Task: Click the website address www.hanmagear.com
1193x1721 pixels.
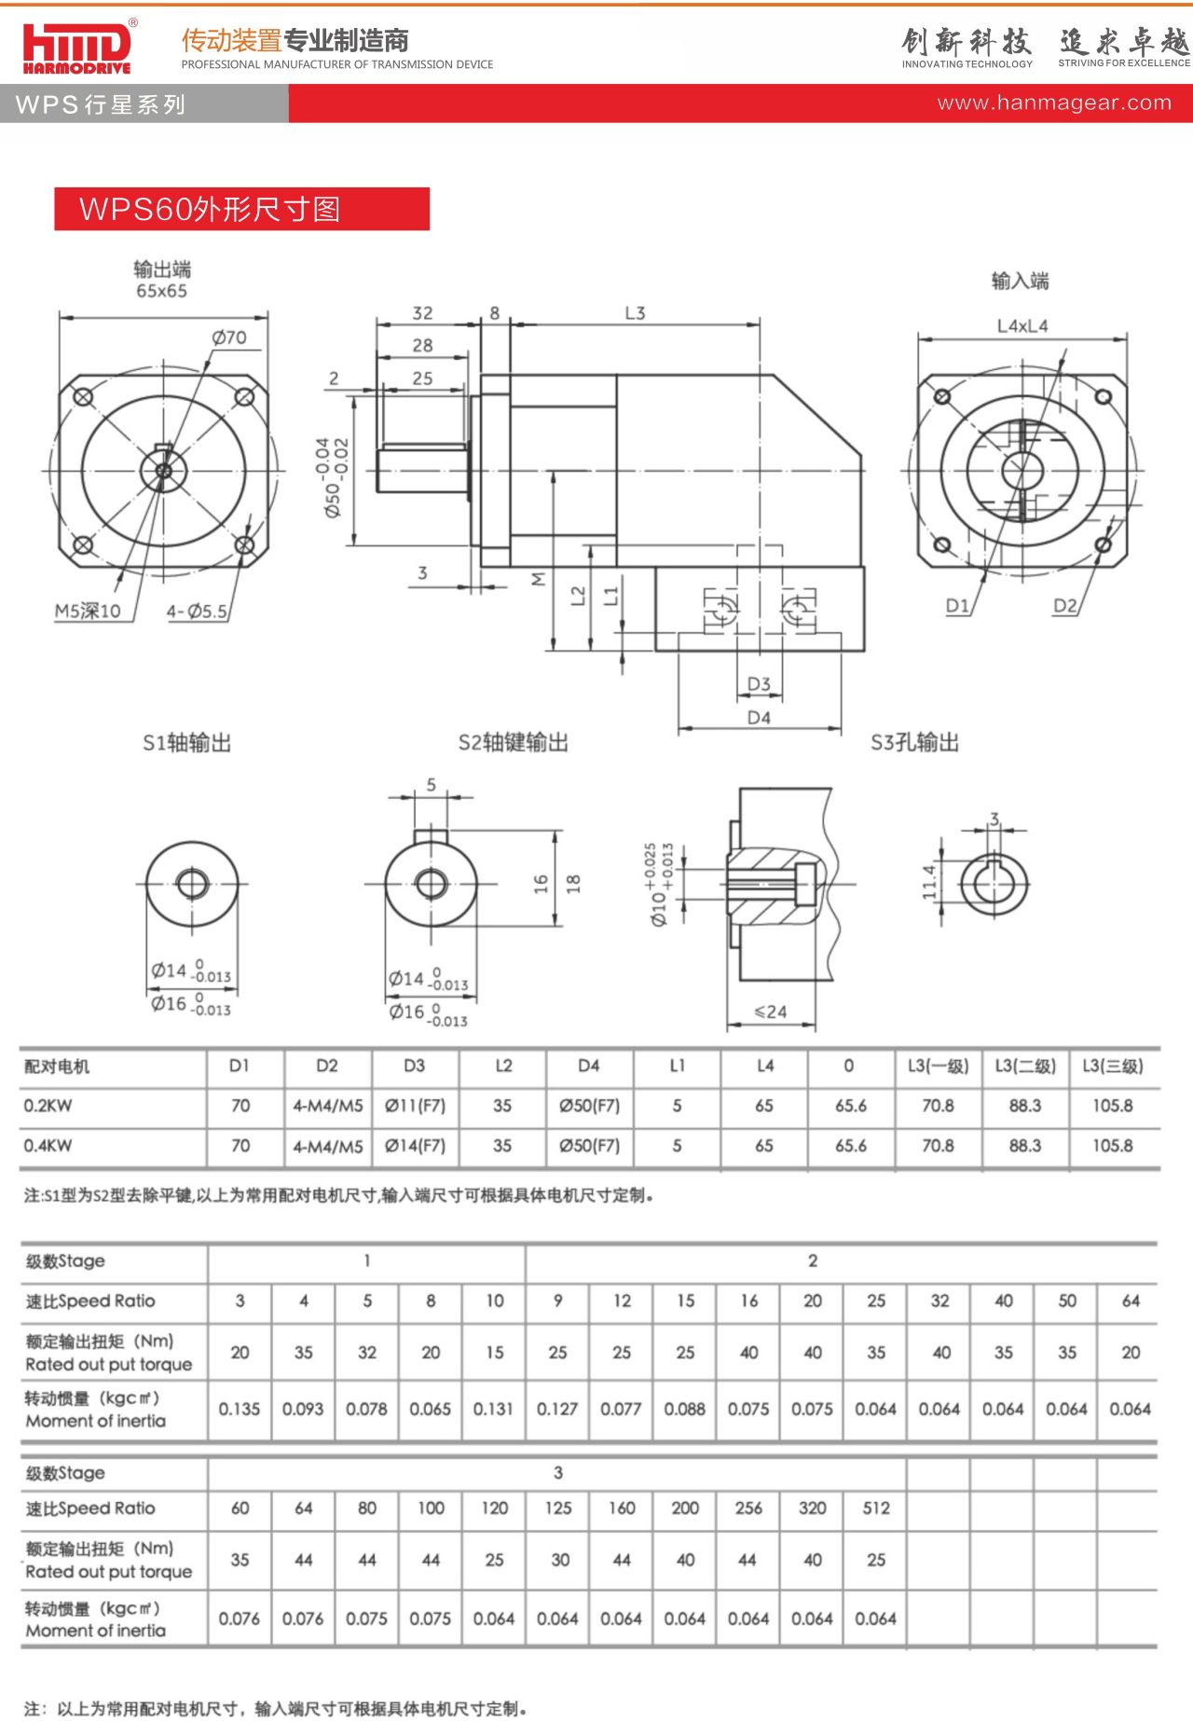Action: tap(1054, 103)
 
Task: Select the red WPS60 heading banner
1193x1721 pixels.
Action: tap(241, 209)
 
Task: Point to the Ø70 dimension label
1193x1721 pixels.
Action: tap(229, 337)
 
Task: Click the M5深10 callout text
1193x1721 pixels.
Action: tap(88, 611)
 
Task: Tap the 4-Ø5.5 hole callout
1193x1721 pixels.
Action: tap(197, 612)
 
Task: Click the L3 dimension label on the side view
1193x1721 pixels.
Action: tap(635, 313)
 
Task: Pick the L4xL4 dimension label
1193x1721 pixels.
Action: tap(1022, 326)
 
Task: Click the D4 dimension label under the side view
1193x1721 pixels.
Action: tap(759, 718)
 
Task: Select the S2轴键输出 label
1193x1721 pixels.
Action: tap(513, 742)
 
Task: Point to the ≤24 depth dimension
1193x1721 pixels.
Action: tap(770, 1012)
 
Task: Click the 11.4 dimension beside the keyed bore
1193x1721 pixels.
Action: tap(929, 882)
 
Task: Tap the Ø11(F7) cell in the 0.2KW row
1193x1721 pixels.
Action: tap(415, 1106)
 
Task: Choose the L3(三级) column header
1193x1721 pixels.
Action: tap(1113, 1066)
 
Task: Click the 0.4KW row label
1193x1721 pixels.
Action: tap(48, 1146)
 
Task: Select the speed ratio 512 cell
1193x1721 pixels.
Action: tap(876, 1508)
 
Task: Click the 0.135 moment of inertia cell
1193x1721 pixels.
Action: tap(240, 1409)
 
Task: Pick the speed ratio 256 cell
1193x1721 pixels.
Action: tap(748, 1508)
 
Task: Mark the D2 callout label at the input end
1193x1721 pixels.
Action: tap(1065, 606)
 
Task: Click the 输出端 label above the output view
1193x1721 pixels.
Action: tap(162, 269)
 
